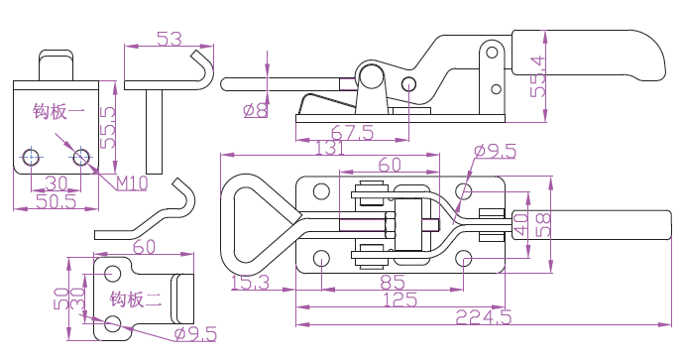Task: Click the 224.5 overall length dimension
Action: (x=483, y=316)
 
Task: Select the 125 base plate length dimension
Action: (x=400, y=300)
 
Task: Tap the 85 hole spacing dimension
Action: (x=392, y=283)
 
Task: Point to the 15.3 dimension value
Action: (x=250, y=283)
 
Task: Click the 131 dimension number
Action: (x=329, y=148)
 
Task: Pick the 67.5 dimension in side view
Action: (x=352, y=133)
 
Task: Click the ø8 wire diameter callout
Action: (x=255, y=110)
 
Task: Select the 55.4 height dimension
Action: (x=538, y=76)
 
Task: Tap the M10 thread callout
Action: (x=132, y=183)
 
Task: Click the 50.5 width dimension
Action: (x=57, y=201)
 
